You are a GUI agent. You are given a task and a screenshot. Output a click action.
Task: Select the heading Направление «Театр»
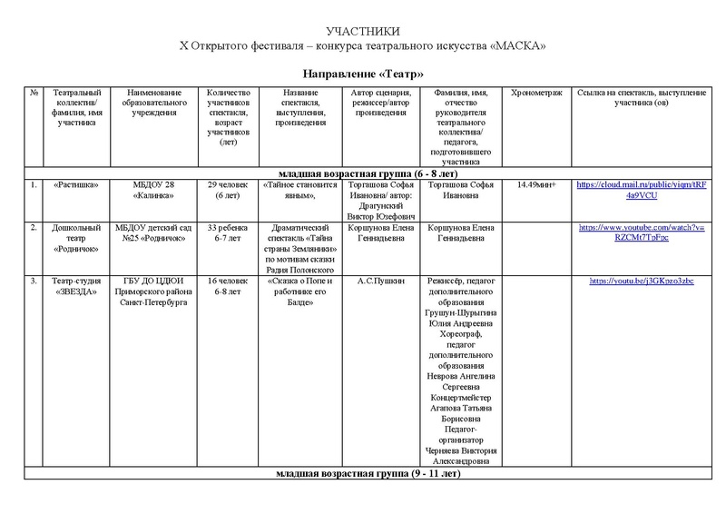point(363,72)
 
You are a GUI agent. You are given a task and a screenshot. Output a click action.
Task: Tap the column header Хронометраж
point(537,93)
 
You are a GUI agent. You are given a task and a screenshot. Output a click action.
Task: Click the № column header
point(34,93)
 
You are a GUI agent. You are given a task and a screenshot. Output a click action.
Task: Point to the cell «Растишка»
point(77,184)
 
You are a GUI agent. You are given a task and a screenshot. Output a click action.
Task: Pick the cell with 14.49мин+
point(537,184)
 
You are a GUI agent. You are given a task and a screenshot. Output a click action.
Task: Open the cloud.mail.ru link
point(641,189)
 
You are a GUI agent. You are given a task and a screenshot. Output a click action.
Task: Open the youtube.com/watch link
point(641,232)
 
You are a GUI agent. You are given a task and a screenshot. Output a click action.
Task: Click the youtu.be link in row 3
point(641,281)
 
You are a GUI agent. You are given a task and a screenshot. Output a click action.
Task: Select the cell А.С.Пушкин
point(381,281)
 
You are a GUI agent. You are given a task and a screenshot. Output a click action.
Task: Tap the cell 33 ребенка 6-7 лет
point(223,232)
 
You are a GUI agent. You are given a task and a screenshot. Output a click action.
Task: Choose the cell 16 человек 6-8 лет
point(223,286)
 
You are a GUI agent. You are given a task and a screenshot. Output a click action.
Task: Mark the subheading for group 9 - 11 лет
point(368,474)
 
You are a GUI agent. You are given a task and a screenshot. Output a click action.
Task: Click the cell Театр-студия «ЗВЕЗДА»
point(77,286)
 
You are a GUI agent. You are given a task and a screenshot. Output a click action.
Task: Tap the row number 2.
point(34,226)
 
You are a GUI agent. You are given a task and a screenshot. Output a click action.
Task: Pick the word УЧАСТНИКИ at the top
point(362,32)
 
